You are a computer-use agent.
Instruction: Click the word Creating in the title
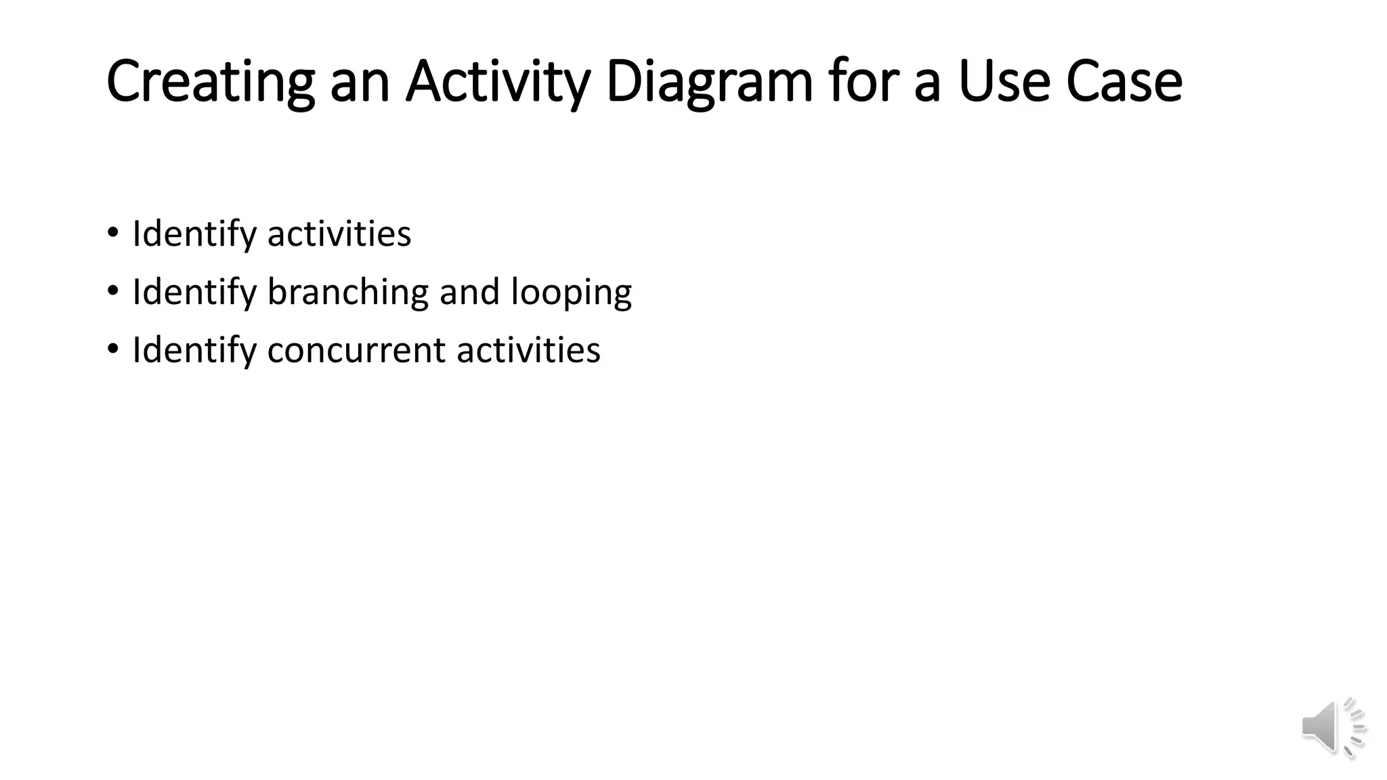click(x=210, y=81)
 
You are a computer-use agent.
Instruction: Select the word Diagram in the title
click(x=709, y=81)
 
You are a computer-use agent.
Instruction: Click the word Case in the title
click(x=1124, y=81)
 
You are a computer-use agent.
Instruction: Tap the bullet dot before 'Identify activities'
click(x=112, y=232)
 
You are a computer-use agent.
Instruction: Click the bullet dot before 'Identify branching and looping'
click(x=112, y=290)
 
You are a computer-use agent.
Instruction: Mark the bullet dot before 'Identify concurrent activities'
click(x=112, y=349)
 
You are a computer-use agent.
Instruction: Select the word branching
click(x=348, y=292)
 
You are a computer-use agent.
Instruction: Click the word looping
click(x=571, y=292)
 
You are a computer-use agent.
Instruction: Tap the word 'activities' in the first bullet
click(x=339, y=234)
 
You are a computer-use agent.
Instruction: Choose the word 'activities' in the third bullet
click(x=528, y=350)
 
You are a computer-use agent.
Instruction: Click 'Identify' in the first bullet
click(x=194, y=234)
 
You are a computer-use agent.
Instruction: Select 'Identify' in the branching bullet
click(x=194, y=292)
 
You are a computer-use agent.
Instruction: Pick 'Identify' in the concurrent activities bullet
click(x=194, y=350)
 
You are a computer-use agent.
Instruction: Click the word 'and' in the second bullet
click(x=469, y=292)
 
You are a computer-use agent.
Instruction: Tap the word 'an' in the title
click(x=360, y=81)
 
